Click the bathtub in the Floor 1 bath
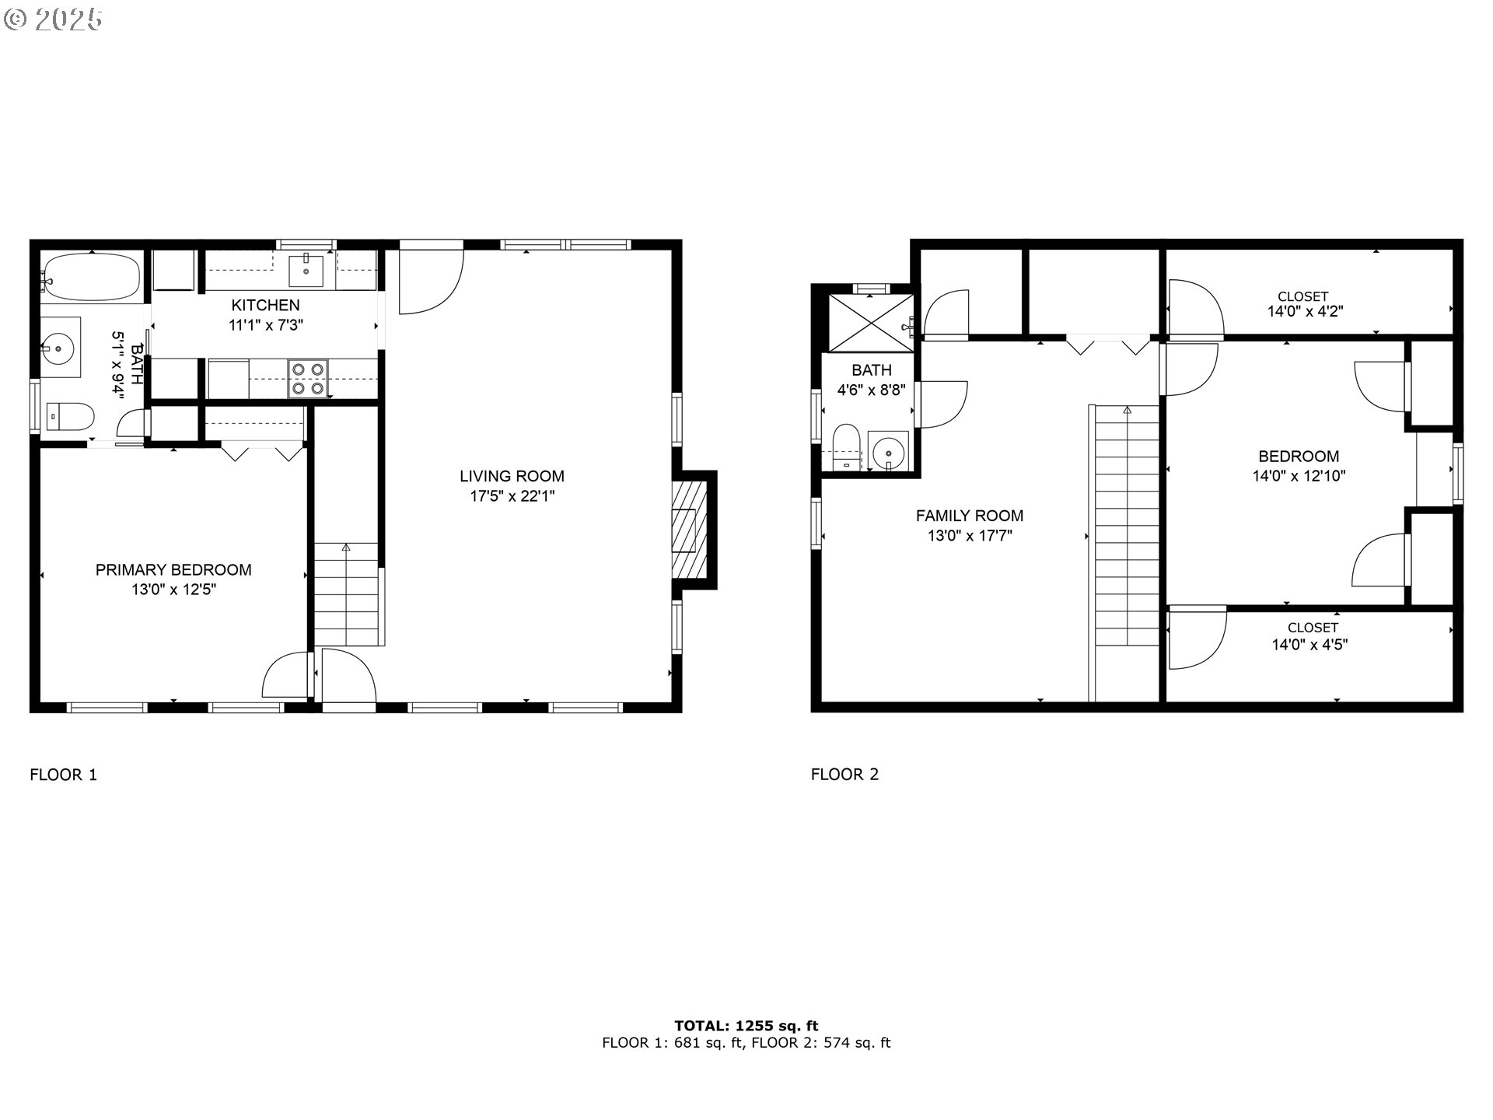point(91,277)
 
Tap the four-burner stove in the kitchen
point(308,379)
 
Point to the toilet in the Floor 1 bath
point(70,416)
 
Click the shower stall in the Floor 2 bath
point(871,323)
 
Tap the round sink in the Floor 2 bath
point(887,451)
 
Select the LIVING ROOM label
point(512,476)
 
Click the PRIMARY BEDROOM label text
point(173,570)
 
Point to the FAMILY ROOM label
point(970,516)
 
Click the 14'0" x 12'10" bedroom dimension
point(1299,476)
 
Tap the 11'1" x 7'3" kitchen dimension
point(266,325)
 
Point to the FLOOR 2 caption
point(844,775)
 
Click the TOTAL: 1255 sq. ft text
point(746,1026)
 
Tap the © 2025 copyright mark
point(54,19)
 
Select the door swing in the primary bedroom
point(287,674)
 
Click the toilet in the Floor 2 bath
point(844,448)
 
